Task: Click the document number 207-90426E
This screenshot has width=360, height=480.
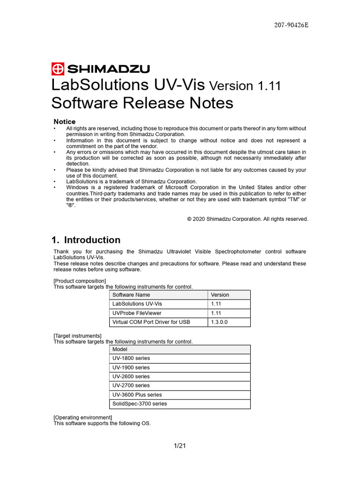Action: tap(291, 25)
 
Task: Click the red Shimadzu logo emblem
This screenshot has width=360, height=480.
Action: tap(58, 69)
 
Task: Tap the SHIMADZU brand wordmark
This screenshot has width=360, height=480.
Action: tap(108, 69)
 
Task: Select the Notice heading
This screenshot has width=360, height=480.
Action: tap(65, 121)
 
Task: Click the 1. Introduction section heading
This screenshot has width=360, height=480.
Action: tap(86, 240)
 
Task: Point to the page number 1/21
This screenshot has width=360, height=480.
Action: tap(180, 446)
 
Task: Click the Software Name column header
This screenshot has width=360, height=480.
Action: tap(131, 295)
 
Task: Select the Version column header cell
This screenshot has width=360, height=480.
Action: tap(220, 295)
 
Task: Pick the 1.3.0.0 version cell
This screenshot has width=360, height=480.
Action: tap(219, 322)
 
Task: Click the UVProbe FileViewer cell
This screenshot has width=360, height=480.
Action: tap(137, 313)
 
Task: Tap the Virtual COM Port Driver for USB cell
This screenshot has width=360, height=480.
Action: tap(151, 322)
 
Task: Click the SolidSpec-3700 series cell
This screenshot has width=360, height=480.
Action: tap(140, 404)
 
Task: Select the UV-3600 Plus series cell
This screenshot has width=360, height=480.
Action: tap(137, 395)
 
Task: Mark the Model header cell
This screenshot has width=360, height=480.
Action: tap(120, 349)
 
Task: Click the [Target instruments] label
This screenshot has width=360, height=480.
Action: tap(77, 336)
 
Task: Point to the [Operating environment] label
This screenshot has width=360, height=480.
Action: tap(82, 417)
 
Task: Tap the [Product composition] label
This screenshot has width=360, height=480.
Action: tap(80, 281)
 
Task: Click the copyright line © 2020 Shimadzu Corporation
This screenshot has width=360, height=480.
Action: tap(247, 219)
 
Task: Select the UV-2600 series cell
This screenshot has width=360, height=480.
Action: tap(131, 376)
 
